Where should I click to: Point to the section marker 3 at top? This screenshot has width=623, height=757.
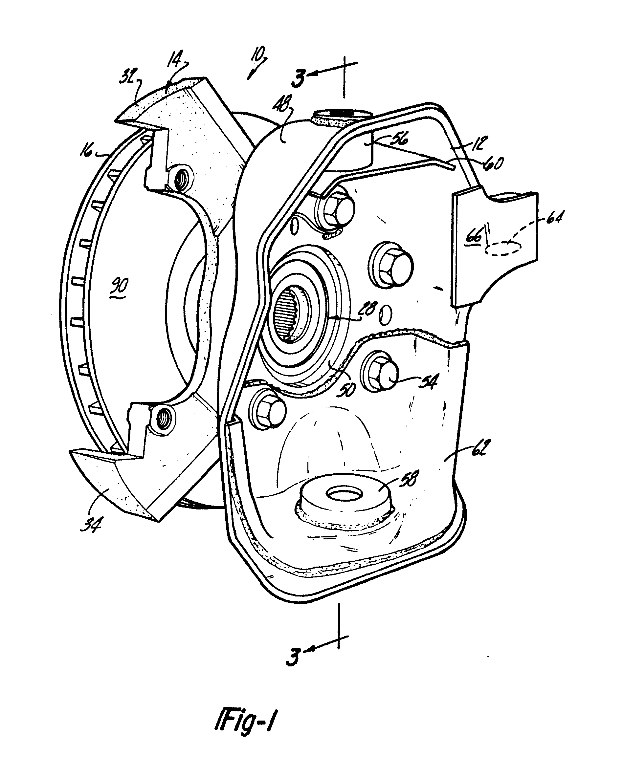pos(299,78)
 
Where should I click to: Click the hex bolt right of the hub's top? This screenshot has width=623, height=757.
pos(392,266)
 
